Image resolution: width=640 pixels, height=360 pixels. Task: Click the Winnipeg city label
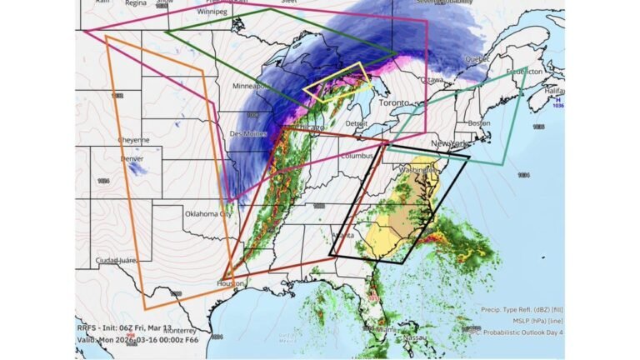pos(212,12)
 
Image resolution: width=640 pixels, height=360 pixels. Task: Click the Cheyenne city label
pos(133,140)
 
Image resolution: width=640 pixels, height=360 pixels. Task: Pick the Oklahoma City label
pos(213,213)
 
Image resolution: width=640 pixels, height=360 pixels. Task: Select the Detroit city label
pos(357,123)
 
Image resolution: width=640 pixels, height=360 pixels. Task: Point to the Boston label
pos(479,124)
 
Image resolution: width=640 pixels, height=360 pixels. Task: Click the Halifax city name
pos(551,91)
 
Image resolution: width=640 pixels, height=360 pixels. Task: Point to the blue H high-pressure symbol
pos(557,98)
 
